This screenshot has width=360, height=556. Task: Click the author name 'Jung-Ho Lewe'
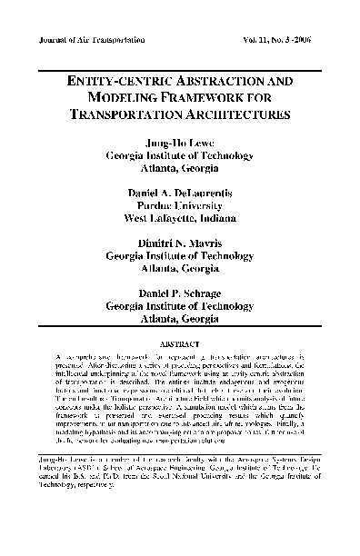click(178, 144)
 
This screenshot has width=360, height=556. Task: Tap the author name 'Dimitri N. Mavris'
click(179, 244)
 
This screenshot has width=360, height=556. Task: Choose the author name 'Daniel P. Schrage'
click(179, 294)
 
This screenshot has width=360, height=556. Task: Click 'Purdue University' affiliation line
click(179, 205)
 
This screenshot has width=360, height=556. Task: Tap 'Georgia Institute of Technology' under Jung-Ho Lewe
click(179, 156)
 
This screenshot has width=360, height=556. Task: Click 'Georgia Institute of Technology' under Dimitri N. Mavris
click(179, 257)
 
